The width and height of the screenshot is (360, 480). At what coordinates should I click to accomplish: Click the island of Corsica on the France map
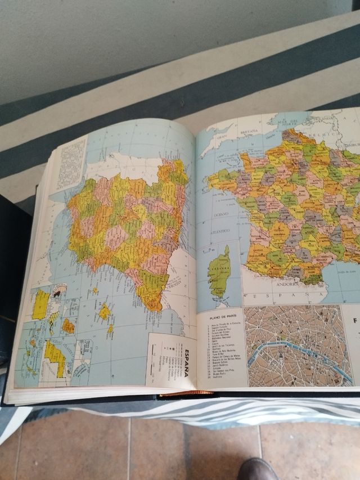pyautogui.click(x=219, y=275)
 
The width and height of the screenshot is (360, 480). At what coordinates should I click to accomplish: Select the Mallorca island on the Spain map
pyautogui.click(x=105, y=311)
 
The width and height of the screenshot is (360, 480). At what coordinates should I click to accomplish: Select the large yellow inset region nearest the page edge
pyautogui.click(x=40, y=304)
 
